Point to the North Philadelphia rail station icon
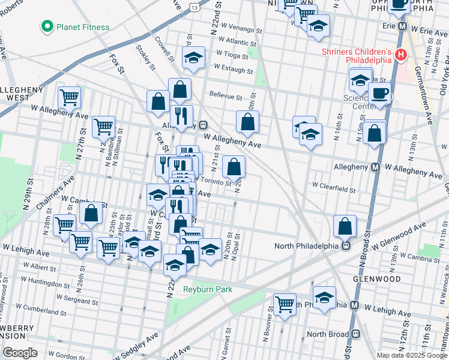tap(346, 245)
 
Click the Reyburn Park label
tap(207, 289)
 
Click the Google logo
tap(20, 353)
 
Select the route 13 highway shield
tap(194, 7)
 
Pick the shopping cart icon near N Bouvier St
tap(285, 303)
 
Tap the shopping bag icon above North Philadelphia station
tap(345, 226)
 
